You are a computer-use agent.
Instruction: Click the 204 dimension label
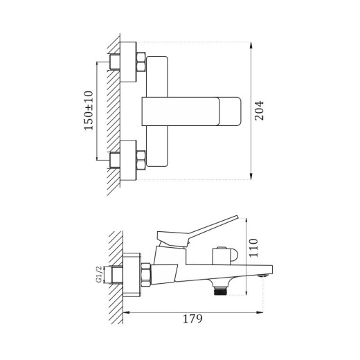[x=260, y=111]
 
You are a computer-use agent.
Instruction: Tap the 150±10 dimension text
[x=89, y=111]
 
